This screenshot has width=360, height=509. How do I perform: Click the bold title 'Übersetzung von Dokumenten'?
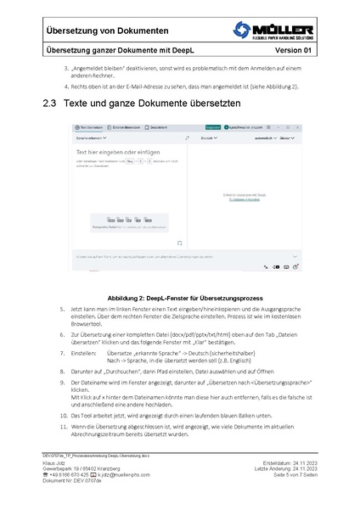point(106,31)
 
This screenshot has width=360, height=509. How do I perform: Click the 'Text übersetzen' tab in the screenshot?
point(89,126)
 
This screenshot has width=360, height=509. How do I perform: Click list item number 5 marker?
point(62,310)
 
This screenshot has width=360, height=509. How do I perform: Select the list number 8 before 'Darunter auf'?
point(62,372)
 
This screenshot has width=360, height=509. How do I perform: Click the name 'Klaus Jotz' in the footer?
point(57,462)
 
